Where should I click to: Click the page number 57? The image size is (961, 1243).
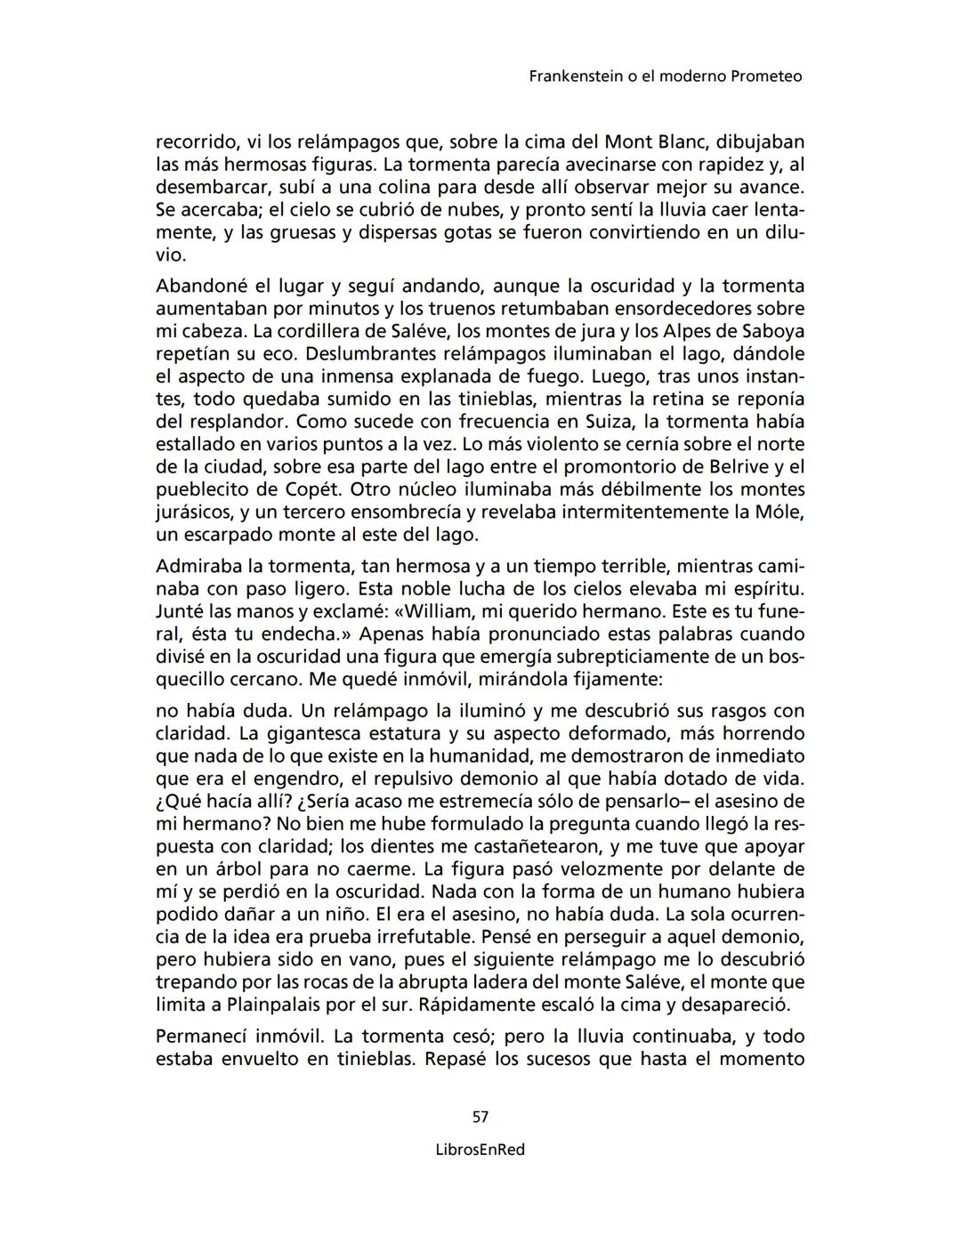point(480,1117)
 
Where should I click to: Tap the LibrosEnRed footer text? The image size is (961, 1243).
point(480,1150)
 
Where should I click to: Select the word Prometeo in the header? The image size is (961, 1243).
point(766,77)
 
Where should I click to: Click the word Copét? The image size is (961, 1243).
point(315,489)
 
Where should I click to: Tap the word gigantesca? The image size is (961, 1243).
point(319,734)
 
